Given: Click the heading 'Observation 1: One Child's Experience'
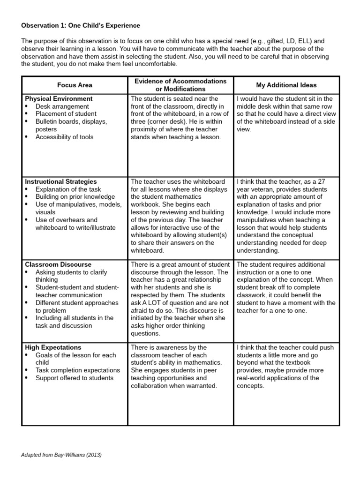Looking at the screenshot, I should point(81,25).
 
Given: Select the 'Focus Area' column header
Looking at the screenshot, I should point(75,85).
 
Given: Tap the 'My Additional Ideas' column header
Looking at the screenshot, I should point(286,85).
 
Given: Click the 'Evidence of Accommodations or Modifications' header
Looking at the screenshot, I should point(180,85).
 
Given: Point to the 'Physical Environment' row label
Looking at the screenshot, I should point(59,99).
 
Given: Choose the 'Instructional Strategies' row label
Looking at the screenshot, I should point(61,181).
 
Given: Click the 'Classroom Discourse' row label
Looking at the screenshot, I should point(58,264).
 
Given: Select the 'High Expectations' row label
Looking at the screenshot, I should point(53,347).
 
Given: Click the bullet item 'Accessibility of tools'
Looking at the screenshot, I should point(64,137).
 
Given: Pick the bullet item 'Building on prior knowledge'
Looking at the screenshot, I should point(75,196).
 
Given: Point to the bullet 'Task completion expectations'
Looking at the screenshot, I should point(78,370).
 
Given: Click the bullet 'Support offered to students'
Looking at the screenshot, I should point(74,378).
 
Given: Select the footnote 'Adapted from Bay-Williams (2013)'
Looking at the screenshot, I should point(61,455).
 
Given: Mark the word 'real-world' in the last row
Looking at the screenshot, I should point(254,378).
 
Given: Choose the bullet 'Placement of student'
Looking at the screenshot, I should point(66,114).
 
